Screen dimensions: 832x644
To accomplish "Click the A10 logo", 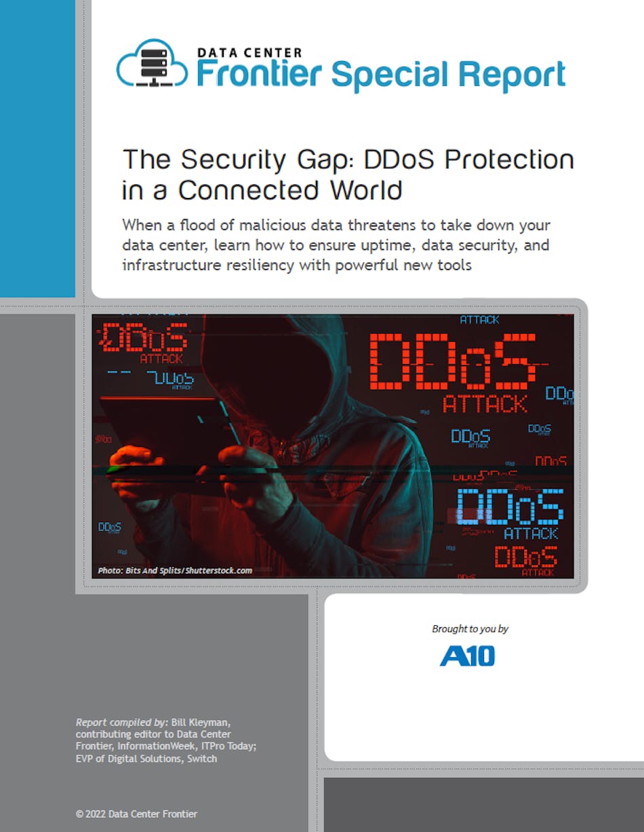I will point(467,656).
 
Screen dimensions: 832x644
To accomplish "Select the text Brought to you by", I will point(470,629).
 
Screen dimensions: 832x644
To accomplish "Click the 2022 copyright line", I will point(137,814).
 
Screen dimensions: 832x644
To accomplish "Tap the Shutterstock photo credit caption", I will point(175,570).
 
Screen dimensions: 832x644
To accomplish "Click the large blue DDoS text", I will point(510,507).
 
